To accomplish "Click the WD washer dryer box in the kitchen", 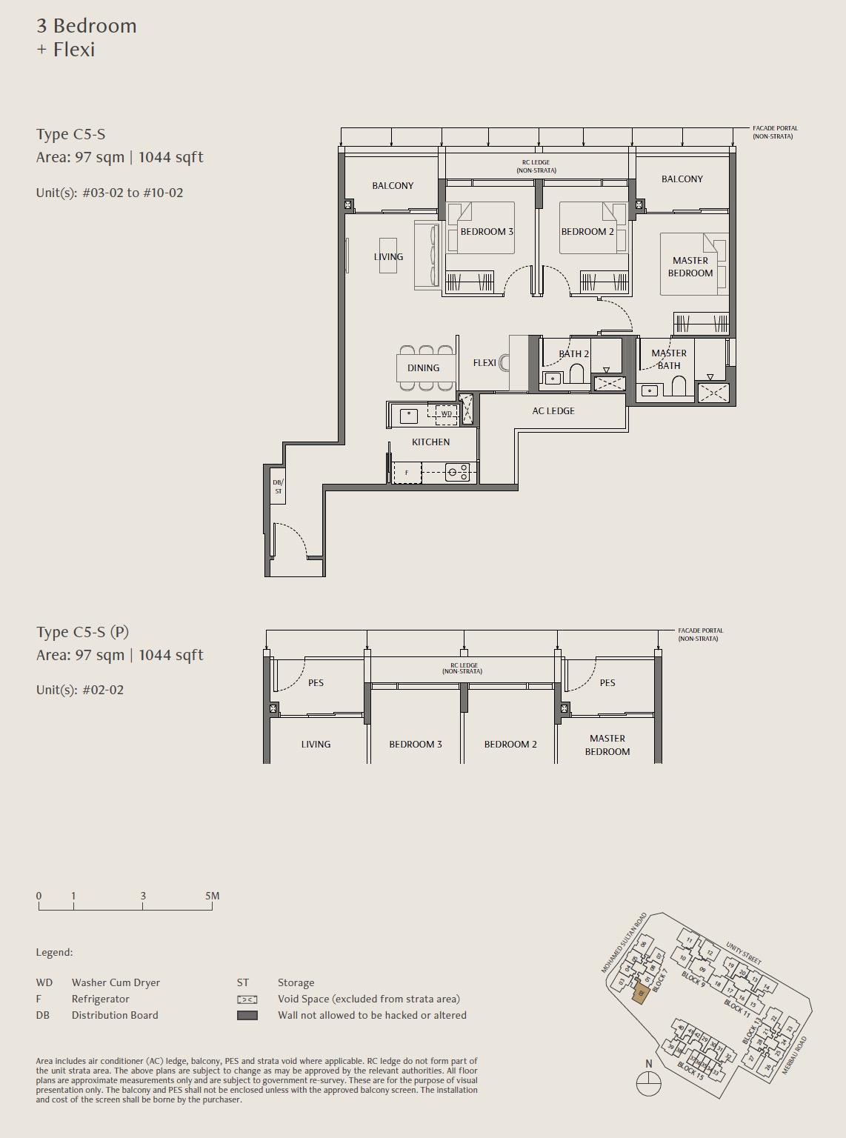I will (x=447, y=413).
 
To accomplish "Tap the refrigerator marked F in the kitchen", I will (x=407, y=473).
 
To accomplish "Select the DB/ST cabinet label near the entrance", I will (x=278, y=487).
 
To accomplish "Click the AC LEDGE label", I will (x=553, y=410).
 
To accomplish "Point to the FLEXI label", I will (x=484, y=363).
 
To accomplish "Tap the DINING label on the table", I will (x=423, y=367).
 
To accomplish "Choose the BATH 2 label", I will (x=574, y=353).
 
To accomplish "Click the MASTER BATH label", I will (x=669, y=359).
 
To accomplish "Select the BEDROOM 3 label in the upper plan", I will (x=487, y=232).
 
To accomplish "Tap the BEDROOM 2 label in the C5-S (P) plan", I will (x=510, y=744).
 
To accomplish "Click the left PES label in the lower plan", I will (x=316, y=682).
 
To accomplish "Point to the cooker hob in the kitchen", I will (x=457, y=473).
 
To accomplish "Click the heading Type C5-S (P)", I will (x=82, y=632).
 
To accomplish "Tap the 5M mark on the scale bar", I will (x=212, y=896).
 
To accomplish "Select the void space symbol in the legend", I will (x=247, y=999).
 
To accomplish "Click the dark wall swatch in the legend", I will (x=247, y=1016).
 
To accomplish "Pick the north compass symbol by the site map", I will (x=648, y=1085).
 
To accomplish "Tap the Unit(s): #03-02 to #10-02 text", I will (x=110, y=193).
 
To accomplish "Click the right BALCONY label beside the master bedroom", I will (x=682, y=179).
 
